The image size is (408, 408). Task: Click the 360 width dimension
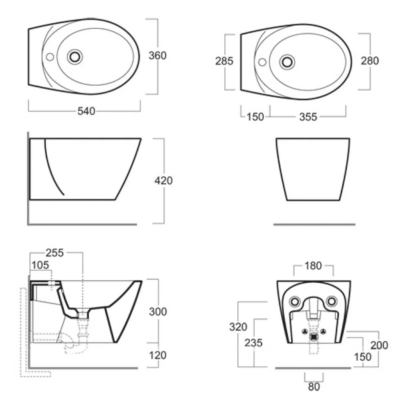[157, 55]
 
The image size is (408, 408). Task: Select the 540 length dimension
[86, 111]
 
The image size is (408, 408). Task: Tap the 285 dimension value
[224, 61]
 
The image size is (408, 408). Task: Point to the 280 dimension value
[370, 61]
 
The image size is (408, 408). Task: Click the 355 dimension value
[308, 117]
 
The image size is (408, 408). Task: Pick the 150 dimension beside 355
[255, 117]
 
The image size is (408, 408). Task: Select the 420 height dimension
[164, 181]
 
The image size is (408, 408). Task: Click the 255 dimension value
[55, 253]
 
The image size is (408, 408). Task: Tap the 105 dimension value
[40, 265]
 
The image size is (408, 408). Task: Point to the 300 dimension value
[158, 312]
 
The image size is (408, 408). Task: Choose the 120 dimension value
[158, 355]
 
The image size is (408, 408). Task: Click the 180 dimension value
[313, 266]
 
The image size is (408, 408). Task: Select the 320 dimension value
[238, 327]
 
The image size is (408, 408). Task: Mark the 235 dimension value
[253, 343]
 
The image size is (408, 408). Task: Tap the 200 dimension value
[379, 345]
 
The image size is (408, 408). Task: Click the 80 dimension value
[314, 387]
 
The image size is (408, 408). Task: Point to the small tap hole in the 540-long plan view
[50, 57]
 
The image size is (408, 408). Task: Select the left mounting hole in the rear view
[295, 302]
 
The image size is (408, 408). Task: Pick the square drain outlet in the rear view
[314, 337]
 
